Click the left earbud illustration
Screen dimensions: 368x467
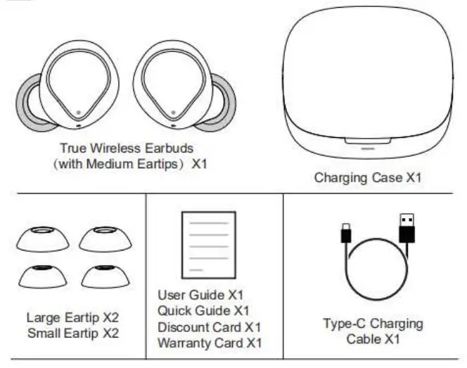76,88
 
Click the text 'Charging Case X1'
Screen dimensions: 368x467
367,177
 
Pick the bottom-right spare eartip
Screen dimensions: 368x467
105,276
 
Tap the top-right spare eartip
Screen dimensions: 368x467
105,240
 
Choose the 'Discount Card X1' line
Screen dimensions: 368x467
209,327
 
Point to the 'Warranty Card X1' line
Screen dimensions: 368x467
209,343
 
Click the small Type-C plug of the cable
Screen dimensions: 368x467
346,232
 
